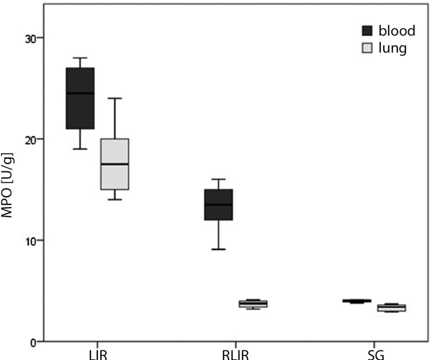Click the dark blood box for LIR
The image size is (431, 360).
tap(80, 98)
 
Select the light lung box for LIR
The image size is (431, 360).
tap(115, 164)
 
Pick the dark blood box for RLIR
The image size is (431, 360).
tap(219, 204)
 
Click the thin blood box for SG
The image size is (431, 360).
tap(357, 300)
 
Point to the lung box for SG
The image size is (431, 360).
tap(391, 308)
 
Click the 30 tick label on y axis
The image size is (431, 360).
tap(30, 38)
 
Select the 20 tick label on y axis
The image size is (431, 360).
tap(30, 139)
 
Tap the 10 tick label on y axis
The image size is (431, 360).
tap(30, 240)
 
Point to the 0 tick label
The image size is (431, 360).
tap(34, 342)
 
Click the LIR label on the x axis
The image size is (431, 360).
tap(97, 354)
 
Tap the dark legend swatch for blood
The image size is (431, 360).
tap(368, 30)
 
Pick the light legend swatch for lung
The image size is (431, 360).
tap(368, 48)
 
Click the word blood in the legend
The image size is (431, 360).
tap(397, 30)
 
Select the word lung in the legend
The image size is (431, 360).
tap(392, 48)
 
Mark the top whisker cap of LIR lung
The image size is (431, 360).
tap(115, 98)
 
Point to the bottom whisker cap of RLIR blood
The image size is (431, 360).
tap(219, 250)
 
